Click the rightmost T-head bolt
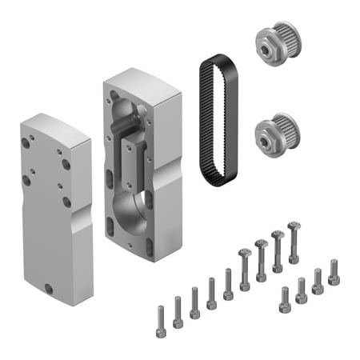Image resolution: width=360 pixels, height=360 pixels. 294,244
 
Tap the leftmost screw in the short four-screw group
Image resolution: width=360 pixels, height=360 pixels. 284,301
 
